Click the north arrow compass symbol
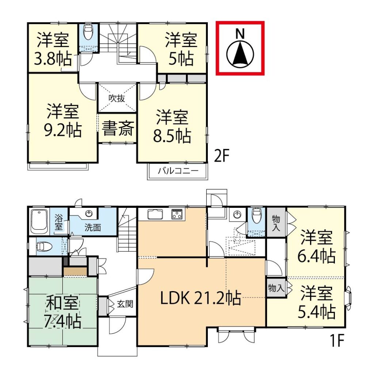(x=240, y=54)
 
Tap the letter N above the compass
(x=240, y=34)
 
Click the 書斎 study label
(x=118, y=129)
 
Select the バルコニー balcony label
(x=178, y=171)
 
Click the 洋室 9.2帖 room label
(x=62, y=121)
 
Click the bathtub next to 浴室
(x=39, y=221)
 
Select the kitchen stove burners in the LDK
(x=177, y=214)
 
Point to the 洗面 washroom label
(x=93, y=228)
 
